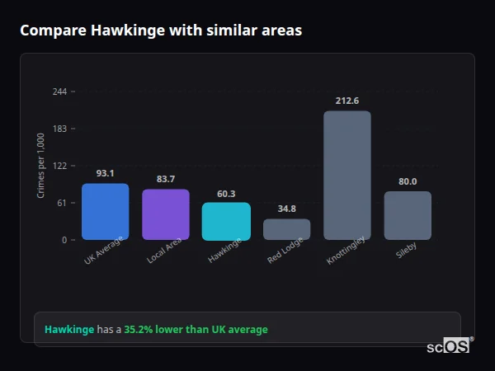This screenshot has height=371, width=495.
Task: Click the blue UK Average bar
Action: click(x=105, y=212)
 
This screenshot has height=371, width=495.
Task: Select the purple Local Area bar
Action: click(x=166, y=214)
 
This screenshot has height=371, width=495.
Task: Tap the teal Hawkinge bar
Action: click(x=226, y=221)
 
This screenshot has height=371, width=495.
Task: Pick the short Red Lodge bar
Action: click(x=286, y=229)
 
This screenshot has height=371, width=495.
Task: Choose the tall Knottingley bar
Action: click(x=346, y=176)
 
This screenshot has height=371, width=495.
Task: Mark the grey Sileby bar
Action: click(x=408, y=215)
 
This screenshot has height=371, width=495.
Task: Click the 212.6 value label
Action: click(x=347, y=101)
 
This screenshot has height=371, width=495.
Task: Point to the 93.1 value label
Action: click(x=105, y=173)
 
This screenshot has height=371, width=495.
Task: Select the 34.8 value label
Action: click(x=286, y=209)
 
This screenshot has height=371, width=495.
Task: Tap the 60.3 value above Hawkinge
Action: click(x=226, y=194)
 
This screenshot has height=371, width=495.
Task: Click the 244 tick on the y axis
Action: click(x=60, y=92)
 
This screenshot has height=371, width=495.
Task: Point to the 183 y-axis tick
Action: click(x=60, y=129)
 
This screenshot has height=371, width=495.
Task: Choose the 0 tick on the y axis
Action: click(x=64, y=240)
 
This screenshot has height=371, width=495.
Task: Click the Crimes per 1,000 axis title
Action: click(x=41, y=166)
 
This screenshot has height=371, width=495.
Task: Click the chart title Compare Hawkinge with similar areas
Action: click(x=161, y=31)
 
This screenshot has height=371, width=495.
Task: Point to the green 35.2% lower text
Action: click(x=154, y=330)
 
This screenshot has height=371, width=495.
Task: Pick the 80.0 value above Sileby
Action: click(x=408, y=181)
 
